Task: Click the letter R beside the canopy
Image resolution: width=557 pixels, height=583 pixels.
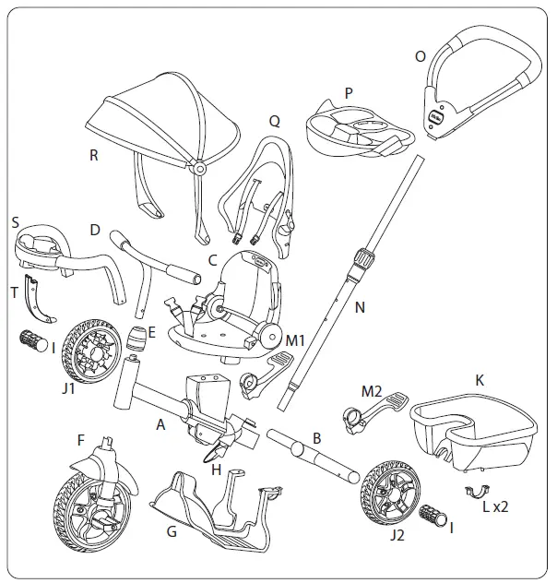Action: (x=93, y=155)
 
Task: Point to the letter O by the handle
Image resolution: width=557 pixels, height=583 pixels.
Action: (x=420, y=56)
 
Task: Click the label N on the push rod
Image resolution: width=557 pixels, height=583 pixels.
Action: (x=360, y=307)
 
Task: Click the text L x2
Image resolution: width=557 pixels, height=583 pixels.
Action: (x=498, y=506)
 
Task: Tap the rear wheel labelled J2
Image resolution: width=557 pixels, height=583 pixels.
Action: (x=388, y=489)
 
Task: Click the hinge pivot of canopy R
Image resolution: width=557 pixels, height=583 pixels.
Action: (x=197, y=169)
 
